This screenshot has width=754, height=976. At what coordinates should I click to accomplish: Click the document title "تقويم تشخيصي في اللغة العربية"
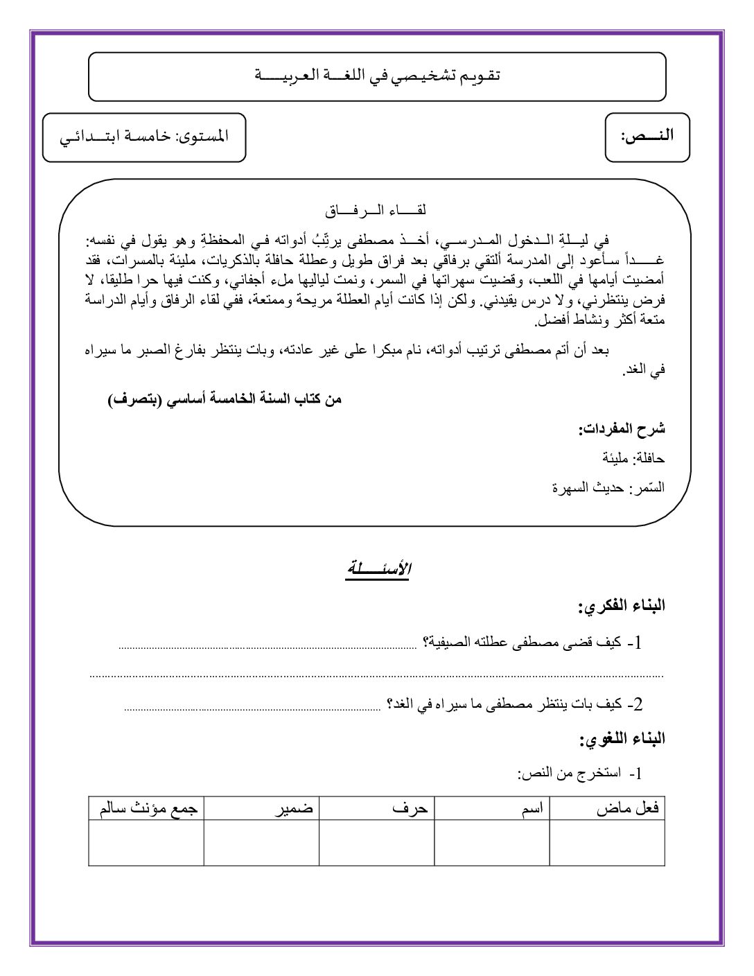coord(378,76)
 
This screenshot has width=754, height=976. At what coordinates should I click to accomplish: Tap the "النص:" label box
coord(647,137)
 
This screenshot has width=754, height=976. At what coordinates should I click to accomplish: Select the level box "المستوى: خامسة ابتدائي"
coord(144,137)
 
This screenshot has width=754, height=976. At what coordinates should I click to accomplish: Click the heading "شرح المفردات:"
coord(622,429)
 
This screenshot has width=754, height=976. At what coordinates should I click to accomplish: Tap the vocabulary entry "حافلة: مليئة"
coord(633,458)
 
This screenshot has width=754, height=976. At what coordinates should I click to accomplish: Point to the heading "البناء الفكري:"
coord(622,606)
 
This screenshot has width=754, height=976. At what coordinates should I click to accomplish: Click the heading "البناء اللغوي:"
coord(622,740)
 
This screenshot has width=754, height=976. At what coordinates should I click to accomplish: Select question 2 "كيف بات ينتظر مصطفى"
coord(514,705)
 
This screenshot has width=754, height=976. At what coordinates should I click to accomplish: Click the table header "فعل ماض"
coord(628,808)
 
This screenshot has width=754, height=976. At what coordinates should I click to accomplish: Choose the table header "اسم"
coord(532,808)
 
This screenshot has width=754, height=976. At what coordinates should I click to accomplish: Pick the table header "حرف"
coord(410,808)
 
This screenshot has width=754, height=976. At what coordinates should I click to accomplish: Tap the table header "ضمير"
coord(295,808)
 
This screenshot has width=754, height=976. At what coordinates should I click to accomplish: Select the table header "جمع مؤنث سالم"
coord(149,808)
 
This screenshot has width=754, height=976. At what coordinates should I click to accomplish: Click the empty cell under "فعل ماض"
coord(607,842)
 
